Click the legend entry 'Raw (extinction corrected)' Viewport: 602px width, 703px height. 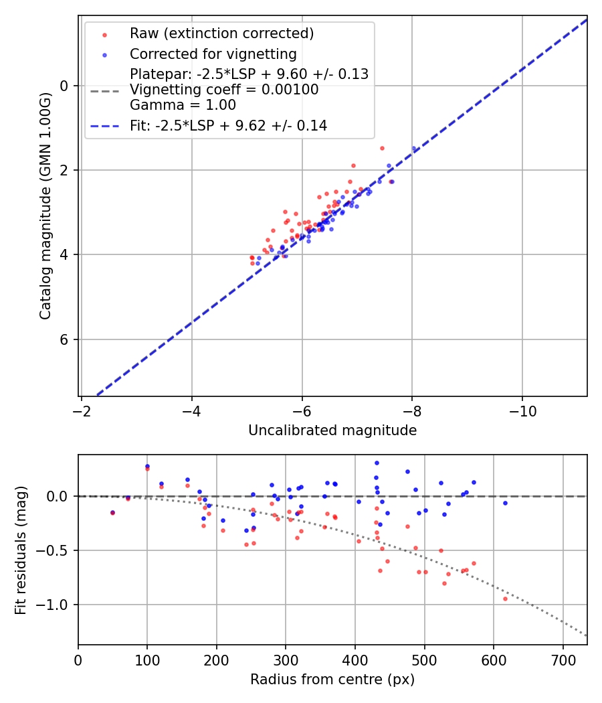(x=221, y=33)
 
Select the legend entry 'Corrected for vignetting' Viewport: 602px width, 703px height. (x=213, y=54)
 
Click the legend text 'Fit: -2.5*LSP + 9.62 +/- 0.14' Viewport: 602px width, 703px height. (x=228, y=126)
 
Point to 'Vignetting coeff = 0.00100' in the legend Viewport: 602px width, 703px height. (x=224, y=90)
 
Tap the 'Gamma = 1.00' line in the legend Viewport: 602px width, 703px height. (x=183, y=105)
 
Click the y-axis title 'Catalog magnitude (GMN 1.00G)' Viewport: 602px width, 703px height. (x=45, y=206)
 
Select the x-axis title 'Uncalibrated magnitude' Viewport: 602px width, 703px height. (x=332, y=431)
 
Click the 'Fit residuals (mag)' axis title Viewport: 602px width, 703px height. (x=21, y=550)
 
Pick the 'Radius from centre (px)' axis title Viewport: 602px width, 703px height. (x=332, y=680)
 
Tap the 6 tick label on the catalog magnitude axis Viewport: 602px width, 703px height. (x=64, y=339)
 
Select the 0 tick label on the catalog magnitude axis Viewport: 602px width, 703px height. (x=64, y=86)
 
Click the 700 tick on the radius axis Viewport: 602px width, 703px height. (x=563, y=660)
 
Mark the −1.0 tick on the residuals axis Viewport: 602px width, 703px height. (x=55, y=605)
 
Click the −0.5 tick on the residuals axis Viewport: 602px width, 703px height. (x=55, y=550)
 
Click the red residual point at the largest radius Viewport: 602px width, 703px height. (x=505, y=599)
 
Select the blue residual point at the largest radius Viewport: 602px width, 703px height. (x=505, y=503)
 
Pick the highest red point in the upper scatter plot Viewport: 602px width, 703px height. (x=382, y=148)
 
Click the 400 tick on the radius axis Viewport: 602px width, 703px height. (x=355, y=660)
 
